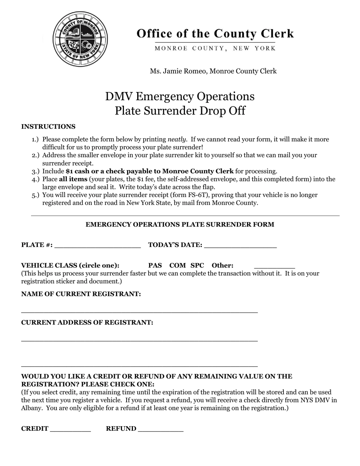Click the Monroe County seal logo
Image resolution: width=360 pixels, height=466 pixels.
tap(80, 39)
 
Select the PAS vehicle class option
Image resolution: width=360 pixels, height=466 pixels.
tap(155, 265)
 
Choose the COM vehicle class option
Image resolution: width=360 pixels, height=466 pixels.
tap(177, 265)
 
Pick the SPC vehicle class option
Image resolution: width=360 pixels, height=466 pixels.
tap(197, 265)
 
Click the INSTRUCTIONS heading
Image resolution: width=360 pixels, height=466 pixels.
tap(48, 127)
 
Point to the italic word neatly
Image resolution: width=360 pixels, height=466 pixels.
tap(177, 139)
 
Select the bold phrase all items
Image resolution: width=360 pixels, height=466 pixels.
tap(73, 179)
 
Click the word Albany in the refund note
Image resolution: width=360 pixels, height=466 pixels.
tap(31, 408)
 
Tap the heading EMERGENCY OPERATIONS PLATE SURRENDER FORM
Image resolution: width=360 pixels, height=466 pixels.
tap(180, 224)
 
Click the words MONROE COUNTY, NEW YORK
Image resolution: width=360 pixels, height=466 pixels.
tap(215, 48)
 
